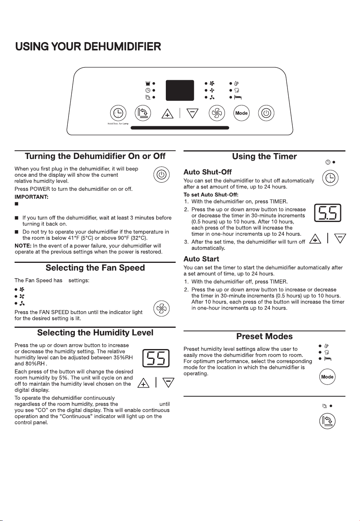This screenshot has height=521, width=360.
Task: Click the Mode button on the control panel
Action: click(241, 113)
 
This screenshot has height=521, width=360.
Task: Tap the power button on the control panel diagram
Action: click(266, 113)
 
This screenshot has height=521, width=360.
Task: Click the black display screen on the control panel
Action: click(180, 90)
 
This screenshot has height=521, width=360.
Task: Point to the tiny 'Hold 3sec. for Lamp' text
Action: click(118, 124)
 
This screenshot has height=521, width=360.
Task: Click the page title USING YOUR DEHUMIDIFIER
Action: click(88, 46)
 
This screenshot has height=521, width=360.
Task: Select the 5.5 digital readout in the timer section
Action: click(328, 213)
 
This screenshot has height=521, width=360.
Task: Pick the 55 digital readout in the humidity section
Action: click(156, 358)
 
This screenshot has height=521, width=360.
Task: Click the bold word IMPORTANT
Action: click(32, 197)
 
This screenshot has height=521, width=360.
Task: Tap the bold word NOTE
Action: click(23, 246)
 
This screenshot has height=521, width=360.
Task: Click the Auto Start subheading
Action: click(201, 259)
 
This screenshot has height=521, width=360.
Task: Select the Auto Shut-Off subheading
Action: click(208, 172)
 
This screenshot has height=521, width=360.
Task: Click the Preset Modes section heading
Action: click(264, 336)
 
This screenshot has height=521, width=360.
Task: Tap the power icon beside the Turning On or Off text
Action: click(161, 175)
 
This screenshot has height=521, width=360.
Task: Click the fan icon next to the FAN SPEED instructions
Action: click(161, 309)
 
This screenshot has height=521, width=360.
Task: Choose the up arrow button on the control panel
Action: click(167, 114)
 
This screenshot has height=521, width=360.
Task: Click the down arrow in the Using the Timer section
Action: click(340, 238)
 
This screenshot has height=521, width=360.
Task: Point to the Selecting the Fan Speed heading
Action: click(95, 268)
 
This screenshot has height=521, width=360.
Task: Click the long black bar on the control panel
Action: click(180, 127)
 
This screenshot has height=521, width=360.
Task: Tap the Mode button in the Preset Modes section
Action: click(327, 377)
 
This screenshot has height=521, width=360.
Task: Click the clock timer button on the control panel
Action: click(118, 113)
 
